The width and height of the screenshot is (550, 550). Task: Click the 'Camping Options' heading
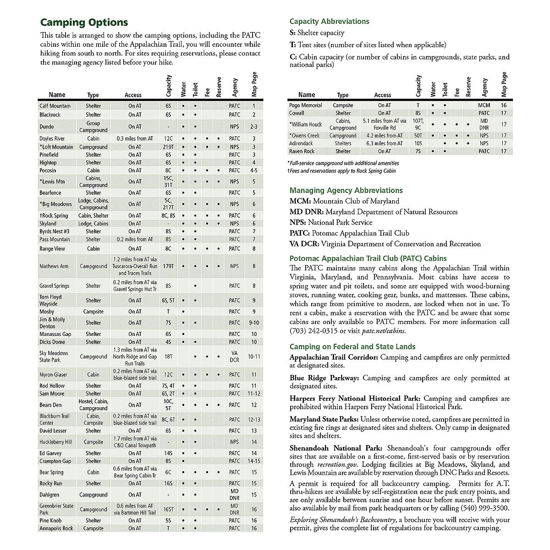[x=84, y=22]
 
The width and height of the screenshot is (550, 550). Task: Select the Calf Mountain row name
[x=55, y=106]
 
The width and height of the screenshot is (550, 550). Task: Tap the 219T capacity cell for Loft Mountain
[x=169, y=147]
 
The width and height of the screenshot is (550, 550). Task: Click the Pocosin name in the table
[x=48, y=170]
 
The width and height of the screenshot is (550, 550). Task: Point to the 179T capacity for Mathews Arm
[x=169, y=266]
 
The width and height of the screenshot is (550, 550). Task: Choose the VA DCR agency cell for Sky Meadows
[x=234, y=357]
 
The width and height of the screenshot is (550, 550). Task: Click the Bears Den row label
[x=50, y=405]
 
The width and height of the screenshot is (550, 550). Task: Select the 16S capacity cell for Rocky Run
[x=169, y=484]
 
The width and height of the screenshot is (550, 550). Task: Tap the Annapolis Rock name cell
[x=56, y=528]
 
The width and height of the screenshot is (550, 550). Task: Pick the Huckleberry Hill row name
[x=55, y=442]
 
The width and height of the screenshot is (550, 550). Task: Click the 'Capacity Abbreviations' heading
[x=329, y=22]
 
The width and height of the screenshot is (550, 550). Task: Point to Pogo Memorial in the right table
[x=306, y=105]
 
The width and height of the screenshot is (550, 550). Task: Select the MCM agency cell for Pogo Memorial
[x=484, y=105]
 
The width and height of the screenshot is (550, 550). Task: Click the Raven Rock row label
[x=302, y=151]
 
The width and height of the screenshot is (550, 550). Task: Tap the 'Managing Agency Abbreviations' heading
[x=346, y=191]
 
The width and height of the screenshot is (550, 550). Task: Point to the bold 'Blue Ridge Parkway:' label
[x=325, y=378]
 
